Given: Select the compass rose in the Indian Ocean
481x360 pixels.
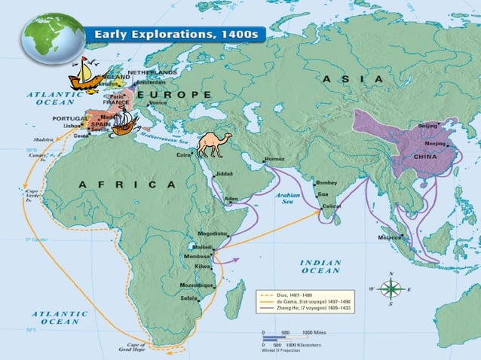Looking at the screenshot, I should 391,288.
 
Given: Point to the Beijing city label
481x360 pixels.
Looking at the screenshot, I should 427,126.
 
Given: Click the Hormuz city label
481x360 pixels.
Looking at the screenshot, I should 274,160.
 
